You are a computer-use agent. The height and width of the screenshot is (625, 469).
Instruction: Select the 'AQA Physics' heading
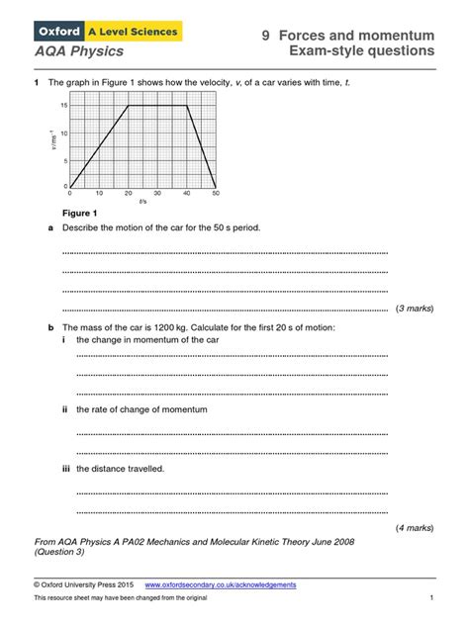pyautogui.click(x=75, y=50)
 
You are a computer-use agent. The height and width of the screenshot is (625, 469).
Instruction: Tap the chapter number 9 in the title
pyautogui.click(x=266, y=34)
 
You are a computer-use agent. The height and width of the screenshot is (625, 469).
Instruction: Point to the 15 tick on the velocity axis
pyautogui.click(x=63, y=105)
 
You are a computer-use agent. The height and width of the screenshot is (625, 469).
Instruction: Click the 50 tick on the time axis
pyautogui.click(x=216, y=193)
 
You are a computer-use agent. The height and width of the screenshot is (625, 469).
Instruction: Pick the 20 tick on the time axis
pyautogui.click(x=129, y=193)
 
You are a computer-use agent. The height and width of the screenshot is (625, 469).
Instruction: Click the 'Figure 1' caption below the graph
pyautogui.click(x=80, y=214)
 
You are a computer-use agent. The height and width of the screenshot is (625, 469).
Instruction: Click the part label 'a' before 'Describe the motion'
pyautogui.click(x=50, y=227)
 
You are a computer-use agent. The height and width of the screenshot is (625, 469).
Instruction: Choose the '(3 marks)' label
pyautogui.click(x=414, y=309)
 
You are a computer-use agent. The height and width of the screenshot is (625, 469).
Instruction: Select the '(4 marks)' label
pyautogui.click(x=414, y=528)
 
